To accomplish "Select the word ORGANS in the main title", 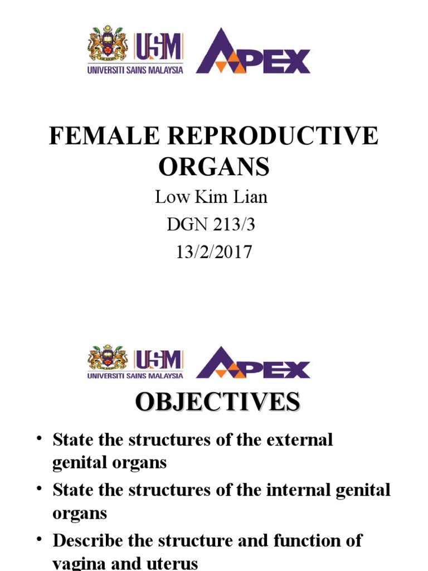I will click(x=214, y=166).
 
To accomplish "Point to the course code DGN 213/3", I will click(x=214, y=225).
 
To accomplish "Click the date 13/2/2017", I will click(x=214, y=252).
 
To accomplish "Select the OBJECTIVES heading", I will click(x=217, y=402).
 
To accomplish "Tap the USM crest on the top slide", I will click(x=108, y=43).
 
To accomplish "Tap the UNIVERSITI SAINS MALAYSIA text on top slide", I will click(x=135, y=71).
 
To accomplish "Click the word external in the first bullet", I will click(x=300, y=439).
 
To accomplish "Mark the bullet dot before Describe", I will click(x=40, y=538).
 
